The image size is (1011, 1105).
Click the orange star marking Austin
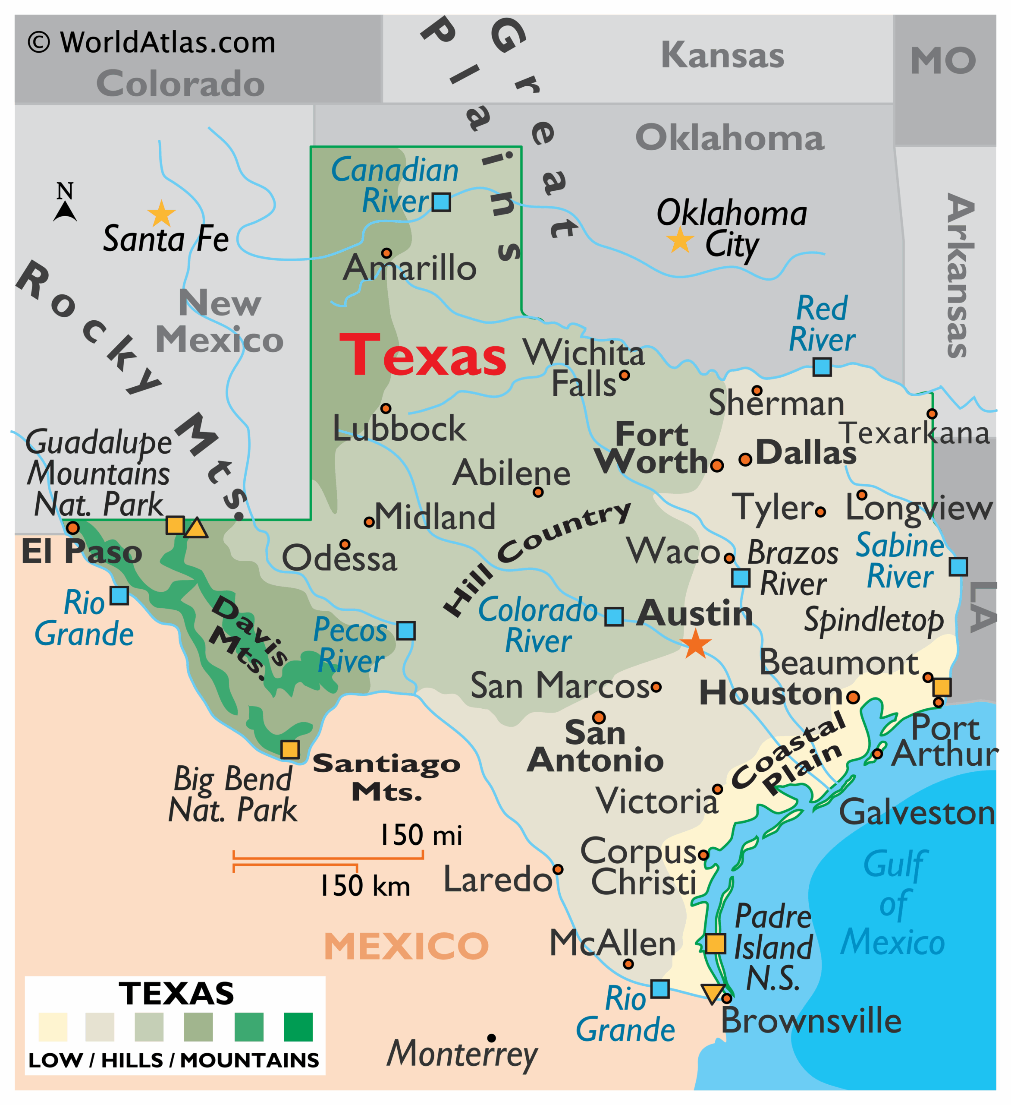pos(696,644)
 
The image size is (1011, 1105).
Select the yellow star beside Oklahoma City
pos(680,240)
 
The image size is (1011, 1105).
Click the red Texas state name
pos(423,356)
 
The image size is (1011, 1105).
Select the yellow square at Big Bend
pos(290,749)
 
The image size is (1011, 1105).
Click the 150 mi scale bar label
pos(421,835)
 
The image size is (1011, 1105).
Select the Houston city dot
pos(853,698)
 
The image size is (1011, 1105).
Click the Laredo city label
pos(497,880)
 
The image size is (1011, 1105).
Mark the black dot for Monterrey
pos(492,1038)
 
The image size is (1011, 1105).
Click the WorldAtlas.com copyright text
pos(152,43)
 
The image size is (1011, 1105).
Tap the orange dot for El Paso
pos(73,528)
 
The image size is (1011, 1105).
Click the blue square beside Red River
pos(822,367)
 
